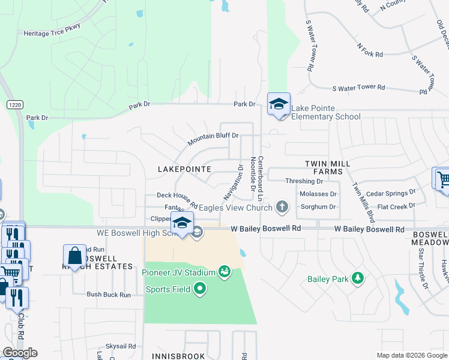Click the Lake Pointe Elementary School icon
click(x=279, y=104)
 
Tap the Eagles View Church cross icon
click(x=282, y=208)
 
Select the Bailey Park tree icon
click(x=358, y=278)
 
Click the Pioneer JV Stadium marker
click(x=224, y=272)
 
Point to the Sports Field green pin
click(x=200, y=290)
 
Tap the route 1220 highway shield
click(x=14, y=104)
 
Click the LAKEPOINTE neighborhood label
click(x=184, y=170)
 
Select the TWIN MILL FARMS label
click(x=324, y=167)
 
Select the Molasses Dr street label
click(x=318, y=194)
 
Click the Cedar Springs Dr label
click(x=391, y=194)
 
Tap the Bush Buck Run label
click(x=109, y=295)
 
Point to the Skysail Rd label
click(x=121, y=346)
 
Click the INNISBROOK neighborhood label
click(x=179, y=356)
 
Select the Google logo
click(x=20, y=353)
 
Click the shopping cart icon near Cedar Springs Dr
click(x=443, y=179)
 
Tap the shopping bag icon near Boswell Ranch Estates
click(x=75, y=256)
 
